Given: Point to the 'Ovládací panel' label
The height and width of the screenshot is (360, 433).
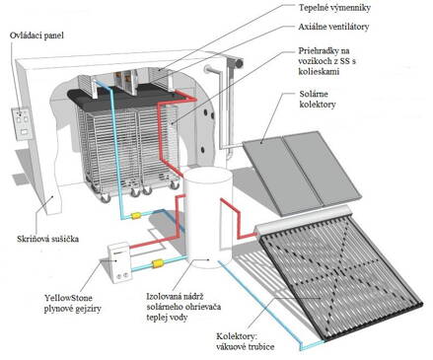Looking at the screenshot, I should (37, 37).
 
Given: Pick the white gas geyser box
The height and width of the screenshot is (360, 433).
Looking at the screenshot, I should (119, 258).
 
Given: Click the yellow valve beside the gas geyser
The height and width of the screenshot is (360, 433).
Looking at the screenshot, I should (157, 263).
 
